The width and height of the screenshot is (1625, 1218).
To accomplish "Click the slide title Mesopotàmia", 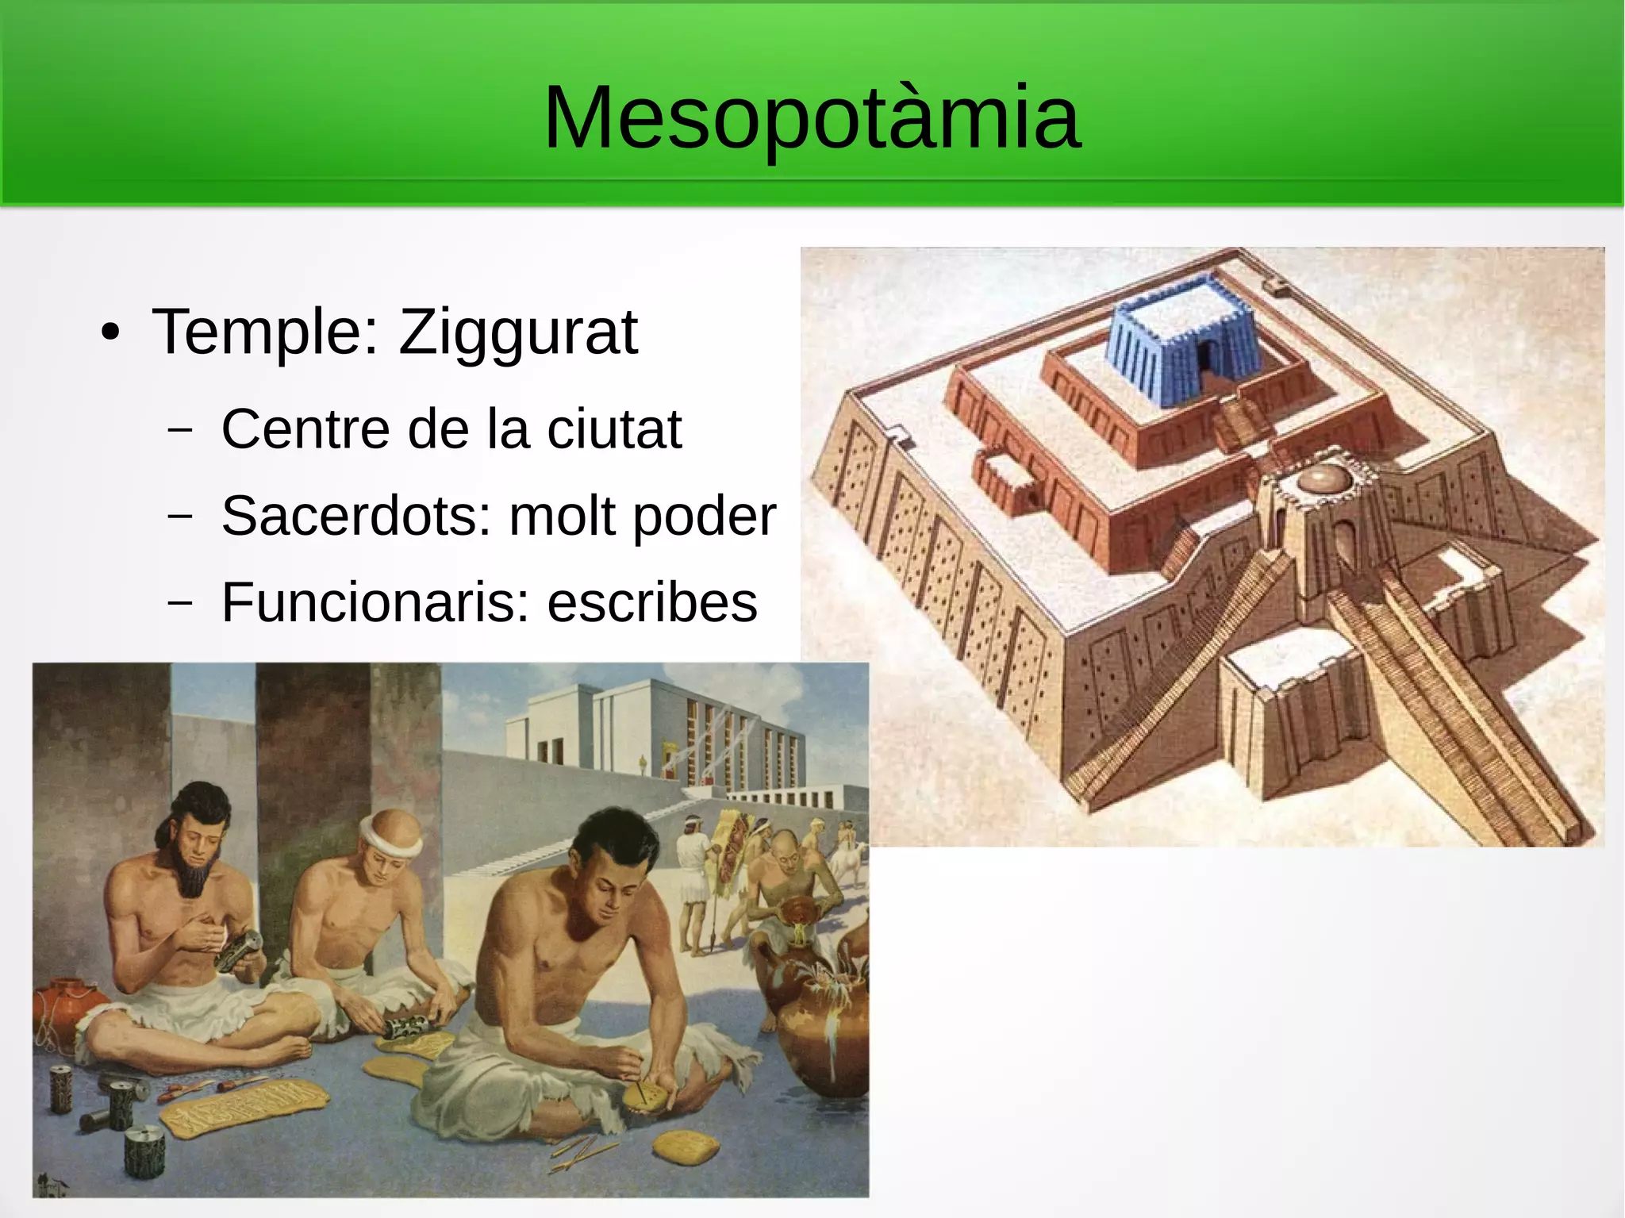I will coord(811,117).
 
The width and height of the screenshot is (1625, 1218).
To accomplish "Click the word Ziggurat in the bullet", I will coord(517,332).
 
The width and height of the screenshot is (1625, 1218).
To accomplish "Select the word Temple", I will coord(258,332).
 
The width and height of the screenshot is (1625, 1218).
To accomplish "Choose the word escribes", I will coord(652,602).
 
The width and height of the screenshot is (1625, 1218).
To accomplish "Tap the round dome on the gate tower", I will coord(1319,478).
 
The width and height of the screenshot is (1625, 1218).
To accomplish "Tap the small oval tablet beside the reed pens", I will coord(686,1146).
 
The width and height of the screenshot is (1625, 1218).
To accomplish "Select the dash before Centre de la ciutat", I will coord(180,429).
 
